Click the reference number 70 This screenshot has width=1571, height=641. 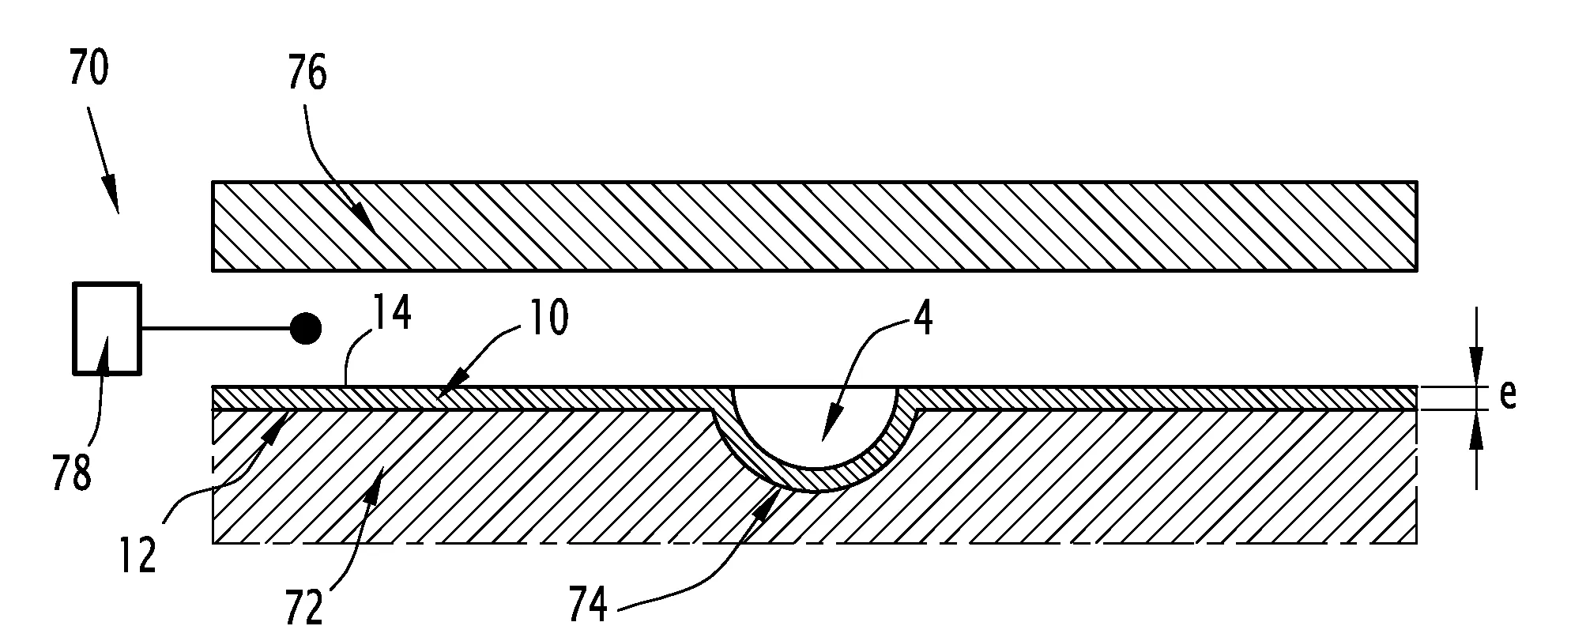coord(89,69)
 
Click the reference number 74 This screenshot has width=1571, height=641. coord(588,605)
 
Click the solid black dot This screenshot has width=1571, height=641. coord(306,328)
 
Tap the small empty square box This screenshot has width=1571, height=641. coord(107,328)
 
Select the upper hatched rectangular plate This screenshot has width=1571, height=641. coord(815,226)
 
